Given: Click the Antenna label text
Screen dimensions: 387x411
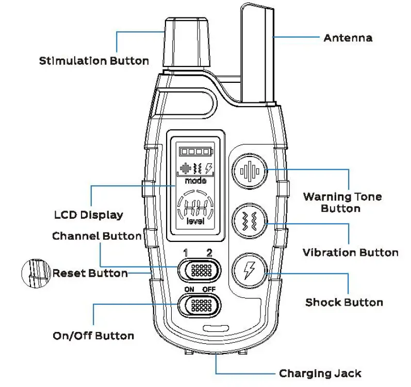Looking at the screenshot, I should point(348,38).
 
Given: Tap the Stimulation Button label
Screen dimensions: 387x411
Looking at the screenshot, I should point(94,61).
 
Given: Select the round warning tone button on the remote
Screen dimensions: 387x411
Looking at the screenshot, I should point(250,171).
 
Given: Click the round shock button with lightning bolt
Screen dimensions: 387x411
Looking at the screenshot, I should point(250,269).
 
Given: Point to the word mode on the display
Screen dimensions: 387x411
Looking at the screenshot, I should point(196,181).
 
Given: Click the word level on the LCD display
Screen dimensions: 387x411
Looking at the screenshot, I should point(195,221).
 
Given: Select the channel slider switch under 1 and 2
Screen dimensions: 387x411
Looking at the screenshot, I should point(199,269).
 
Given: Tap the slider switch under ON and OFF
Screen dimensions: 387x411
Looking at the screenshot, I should point(199,305).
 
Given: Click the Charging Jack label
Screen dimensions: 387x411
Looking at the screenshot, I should point(320,373).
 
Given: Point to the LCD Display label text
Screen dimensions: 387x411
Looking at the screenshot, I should point(89,215).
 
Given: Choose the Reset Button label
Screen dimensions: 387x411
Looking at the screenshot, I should point(90,273).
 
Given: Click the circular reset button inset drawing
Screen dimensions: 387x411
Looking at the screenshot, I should point(36,273).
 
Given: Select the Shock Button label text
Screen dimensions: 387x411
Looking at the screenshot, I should point(344,302).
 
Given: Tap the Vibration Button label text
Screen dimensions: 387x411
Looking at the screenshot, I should point(350,253).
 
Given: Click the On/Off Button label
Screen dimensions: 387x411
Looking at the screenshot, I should point(93,336).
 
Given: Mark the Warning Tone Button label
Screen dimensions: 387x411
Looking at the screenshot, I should point(342,202).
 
